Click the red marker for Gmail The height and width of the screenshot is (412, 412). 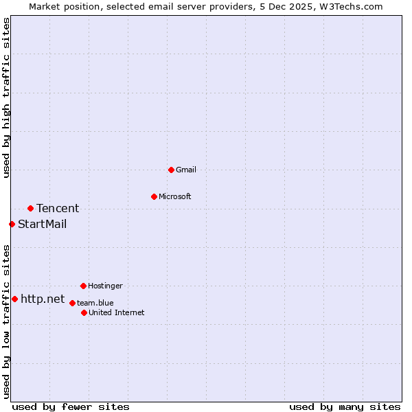(x=171, y=170)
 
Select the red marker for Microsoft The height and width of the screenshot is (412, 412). (x=154, y=196)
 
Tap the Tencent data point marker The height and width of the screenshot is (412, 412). (x=30, y=208)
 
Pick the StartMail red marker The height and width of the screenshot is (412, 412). (x=12, y=224)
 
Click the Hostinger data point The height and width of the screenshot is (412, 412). (x=83, y=286)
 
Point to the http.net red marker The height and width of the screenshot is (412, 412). (x=14, y=299)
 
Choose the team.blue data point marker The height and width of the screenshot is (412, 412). (x=72, y=303)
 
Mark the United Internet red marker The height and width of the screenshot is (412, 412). (x=84, y=312)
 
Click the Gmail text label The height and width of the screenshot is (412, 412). (x=186, y=170)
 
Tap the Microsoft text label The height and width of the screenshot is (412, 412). (x=175, y=196)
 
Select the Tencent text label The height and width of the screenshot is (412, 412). (x=58, y=208)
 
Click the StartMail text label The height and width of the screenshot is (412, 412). (x=43, y=224)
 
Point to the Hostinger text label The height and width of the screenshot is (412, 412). (x=105, y=286)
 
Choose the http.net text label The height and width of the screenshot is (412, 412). (x=43, y=299)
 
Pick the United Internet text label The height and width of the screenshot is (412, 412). (x=117, y=312)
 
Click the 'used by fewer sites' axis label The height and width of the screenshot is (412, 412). (x=71, y=407)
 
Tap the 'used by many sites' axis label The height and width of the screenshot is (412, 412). (x=345, y=407)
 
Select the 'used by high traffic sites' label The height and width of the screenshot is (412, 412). (x=6, y=98)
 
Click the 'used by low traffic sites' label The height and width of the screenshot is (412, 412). (x=6, y=321)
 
